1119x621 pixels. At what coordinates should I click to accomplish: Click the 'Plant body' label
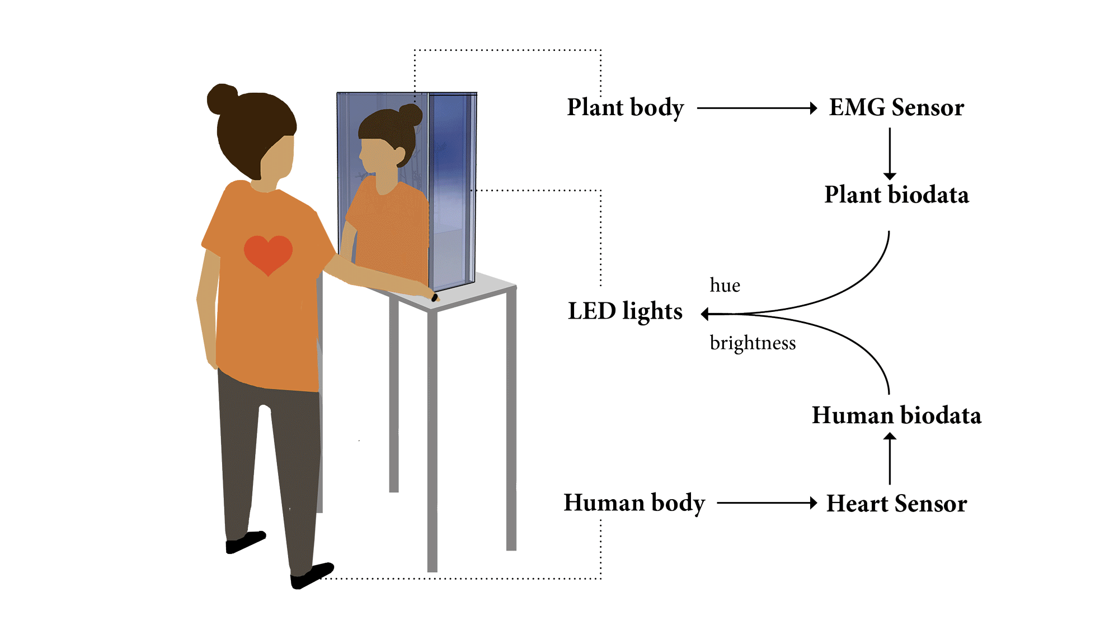pyautogui.click(x=625, y=107)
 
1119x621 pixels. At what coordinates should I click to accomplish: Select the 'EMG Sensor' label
pyautogui.click(x=896, y=107)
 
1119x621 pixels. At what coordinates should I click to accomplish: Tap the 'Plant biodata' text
pyautogui.click(x=896, y=195)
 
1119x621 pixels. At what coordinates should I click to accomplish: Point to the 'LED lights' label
pyautogui.click(x=625, y=311)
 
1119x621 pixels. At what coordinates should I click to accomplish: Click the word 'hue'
pyautogui.click(x=725, y=285)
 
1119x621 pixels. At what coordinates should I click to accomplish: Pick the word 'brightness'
pyautogui.click(x=753, y=343)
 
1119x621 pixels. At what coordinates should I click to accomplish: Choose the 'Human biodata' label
pyautogui.click(x=896, y=415)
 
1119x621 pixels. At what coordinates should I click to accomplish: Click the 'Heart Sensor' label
pyautogui.click(x=896, y=503)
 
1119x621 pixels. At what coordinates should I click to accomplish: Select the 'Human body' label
pyautogui.click(x=634, y=503)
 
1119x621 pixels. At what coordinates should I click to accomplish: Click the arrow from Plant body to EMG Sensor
pyautogui.click(x=757, y=108)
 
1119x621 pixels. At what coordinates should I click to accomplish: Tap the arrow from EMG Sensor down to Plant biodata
pyautogui.click(x=890, y=154)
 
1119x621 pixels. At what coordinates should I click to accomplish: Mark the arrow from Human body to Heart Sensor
pyautogui.click(x=767, y=503)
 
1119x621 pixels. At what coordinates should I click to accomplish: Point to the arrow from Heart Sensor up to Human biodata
pyautogui.click(x=890, y=459)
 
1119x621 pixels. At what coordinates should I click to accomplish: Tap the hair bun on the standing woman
pyautogui.click(x=222, y=99)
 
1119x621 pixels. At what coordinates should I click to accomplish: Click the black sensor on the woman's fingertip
pyautogui.click(x=435, y=297)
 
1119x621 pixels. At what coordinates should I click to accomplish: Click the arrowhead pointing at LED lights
pyautogui.click(x=705, y=314)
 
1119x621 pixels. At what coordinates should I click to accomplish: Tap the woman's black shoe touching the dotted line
pyautogui.click(x=312, y=576)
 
